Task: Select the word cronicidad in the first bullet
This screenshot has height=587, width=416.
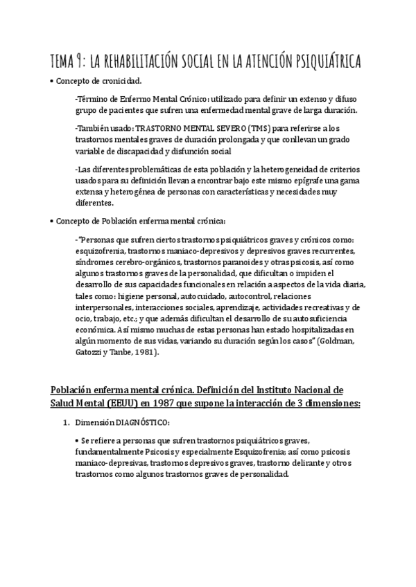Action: tap(121, 81)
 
